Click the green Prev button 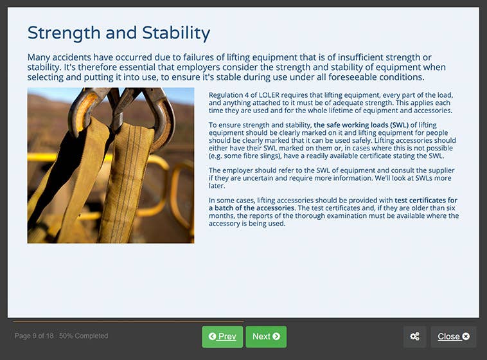click(x=222, y=336)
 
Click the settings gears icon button click(x=414, y=336)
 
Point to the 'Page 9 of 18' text click(x=33, y=336)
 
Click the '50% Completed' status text click(x=84, y=336)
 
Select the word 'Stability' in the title click(x=175, y=33)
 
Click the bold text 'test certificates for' click(x=426, y=201)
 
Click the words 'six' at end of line click(x=453, y=208)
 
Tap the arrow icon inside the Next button click(x=276, y=336)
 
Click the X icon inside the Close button click(x=466, y=336)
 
